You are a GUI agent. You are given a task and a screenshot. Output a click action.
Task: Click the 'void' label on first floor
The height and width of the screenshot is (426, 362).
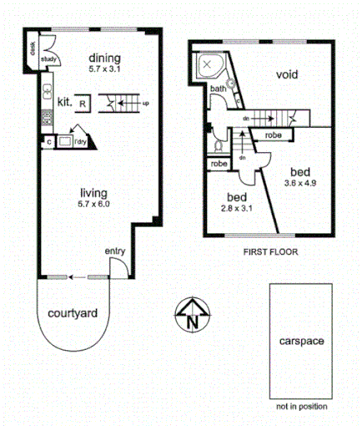click(x=287, y=75)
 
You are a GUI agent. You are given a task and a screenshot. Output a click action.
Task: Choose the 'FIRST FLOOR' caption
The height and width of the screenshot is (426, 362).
click(x=270, y=251)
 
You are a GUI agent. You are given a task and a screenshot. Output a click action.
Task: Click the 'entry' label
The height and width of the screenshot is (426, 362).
click(x=114, y=251)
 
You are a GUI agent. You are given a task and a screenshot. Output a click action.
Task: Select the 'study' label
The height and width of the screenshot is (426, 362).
click(x=48, y=59)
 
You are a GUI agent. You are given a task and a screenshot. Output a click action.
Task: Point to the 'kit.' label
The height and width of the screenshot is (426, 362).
click(x=63, y=102)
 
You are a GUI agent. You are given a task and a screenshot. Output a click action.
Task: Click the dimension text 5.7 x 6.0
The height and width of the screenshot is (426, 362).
click(x=93, y=204)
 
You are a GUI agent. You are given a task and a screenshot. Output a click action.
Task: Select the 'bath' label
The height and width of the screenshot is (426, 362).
click(x=218, y=89)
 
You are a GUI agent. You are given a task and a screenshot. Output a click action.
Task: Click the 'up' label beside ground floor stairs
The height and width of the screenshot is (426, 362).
click(x=147, y=104)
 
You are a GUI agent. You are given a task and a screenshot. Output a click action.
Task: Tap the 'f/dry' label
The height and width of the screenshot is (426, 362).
click(x=81, y=142)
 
